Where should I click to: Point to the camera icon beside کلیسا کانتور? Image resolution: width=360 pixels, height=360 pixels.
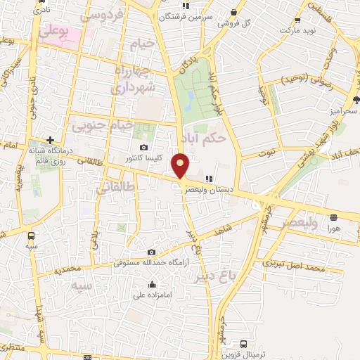pyautogui.click(x=144, y=148)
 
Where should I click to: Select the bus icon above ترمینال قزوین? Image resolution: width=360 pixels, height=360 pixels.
pyautogui.click(x=243, y=344)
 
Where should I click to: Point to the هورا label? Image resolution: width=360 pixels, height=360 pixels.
pyautogui.click(x=333, y=229)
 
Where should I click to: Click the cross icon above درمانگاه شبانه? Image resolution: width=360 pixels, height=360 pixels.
pyautogui.click(x=50, y=140)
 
